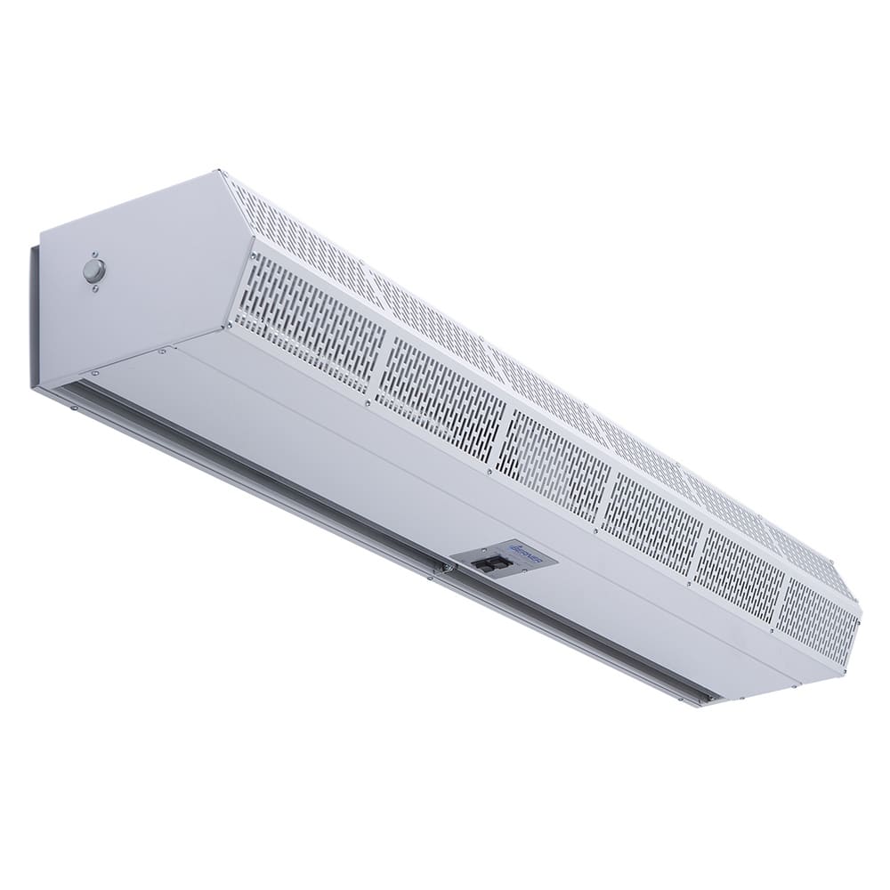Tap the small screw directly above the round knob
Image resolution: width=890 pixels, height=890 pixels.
(x=93, y=253)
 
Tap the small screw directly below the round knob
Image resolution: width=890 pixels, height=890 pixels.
(x=95, y=287)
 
